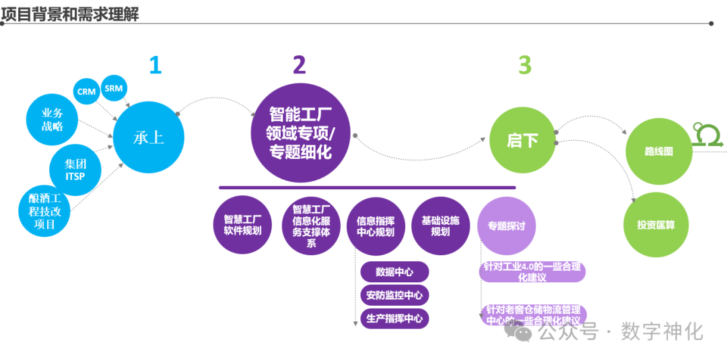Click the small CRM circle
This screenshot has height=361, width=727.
point(87,91)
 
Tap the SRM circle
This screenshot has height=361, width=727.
point(114,88)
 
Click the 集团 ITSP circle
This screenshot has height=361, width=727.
point(75,170)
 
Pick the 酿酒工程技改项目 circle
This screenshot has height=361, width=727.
point(44,211)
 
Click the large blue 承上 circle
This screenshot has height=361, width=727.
point(148,137)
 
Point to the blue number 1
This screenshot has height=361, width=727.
point(155,65)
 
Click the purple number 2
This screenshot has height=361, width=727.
point(299,65)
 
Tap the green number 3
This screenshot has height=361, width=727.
point(524,65)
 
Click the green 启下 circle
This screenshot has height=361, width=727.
point(522,140)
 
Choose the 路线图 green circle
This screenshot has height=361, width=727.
point(658,152)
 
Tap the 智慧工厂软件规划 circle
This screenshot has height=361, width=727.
point(242,225)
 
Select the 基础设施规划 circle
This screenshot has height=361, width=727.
point(440,225)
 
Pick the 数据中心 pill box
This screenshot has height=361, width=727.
point(394,272)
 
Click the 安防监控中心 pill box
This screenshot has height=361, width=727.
point(394,295)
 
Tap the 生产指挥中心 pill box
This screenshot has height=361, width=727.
point(394,318)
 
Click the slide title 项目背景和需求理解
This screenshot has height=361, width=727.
point(70,13)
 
